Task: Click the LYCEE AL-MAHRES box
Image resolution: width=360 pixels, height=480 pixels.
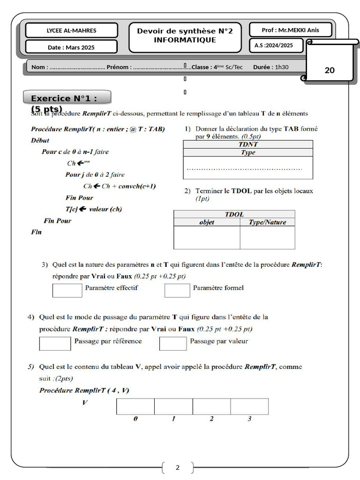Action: (x=71, y=30)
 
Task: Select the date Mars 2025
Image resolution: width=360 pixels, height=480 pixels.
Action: (x=71, y=47)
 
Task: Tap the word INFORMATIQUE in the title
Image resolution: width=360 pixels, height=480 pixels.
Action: (x=185, y=40)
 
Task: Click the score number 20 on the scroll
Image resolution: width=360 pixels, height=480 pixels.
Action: (x=330, y=70)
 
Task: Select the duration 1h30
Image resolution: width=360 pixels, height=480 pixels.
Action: (x=281, y=67)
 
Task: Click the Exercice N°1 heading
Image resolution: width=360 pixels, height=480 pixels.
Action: (x=67, y=98)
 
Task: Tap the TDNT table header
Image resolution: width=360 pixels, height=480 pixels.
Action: (x=247, y=144)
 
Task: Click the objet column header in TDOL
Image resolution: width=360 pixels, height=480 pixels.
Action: (x=207, y=222)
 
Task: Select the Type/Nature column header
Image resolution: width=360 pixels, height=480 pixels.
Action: (x=267, y=222)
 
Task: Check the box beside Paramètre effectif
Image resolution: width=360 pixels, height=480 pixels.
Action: (x=67, y=291)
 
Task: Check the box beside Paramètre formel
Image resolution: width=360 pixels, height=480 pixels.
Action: (x=177, y=291)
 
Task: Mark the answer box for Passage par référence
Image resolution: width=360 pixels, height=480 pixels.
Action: (x=55, y=344)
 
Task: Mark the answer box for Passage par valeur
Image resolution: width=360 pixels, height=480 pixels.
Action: (x=173, y=344)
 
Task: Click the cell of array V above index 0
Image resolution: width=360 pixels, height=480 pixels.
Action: (x=135, y=406)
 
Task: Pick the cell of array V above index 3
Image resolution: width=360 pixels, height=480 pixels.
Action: (x=249, y=406)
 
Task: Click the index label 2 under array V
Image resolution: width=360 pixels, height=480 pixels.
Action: (x=211, y=419)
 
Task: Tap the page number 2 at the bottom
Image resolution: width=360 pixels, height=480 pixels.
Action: (x=177, y=467)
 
